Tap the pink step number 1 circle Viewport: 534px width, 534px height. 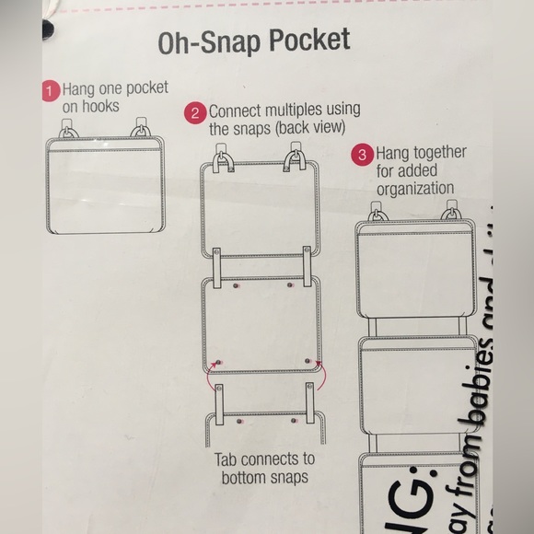51,91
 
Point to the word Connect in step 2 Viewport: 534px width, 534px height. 238,110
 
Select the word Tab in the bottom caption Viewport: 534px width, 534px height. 227,459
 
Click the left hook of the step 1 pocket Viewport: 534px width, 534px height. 70,129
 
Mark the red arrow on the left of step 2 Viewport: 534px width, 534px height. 210,373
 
